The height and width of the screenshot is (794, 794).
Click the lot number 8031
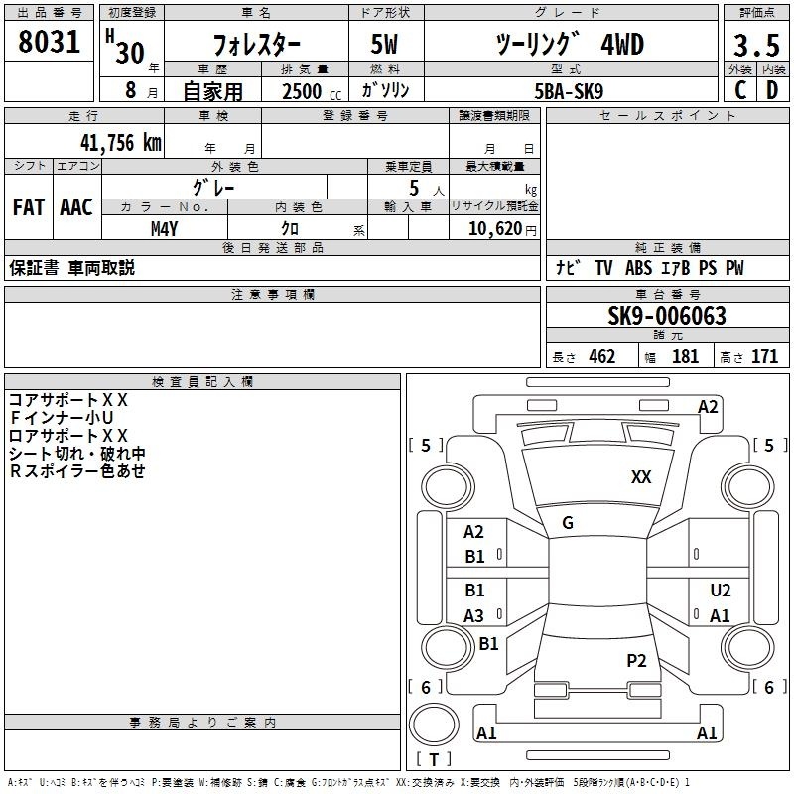(49, 42)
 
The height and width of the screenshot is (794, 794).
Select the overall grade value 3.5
(756, 46)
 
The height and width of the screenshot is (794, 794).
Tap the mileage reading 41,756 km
(121, 143)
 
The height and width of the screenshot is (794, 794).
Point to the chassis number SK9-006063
(667, 316)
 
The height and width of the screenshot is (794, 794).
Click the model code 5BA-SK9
(569, 91)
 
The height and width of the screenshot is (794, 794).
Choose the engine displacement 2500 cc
(312, 91)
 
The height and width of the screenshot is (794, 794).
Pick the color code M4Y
(165, 229)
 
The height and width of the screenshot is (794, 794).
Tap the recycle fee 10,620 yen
(502, 229)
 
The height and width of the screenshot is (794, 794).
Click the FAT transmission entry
(29, 207)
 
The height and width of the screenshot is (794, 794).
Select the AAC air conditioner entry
(76, 207)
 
